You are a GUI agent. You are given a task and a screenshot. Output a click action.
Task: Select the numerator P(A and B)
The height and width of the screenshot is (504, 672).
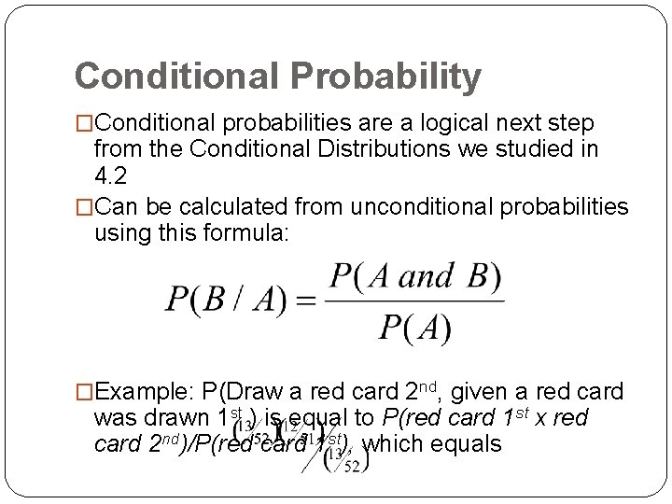pos(415,278)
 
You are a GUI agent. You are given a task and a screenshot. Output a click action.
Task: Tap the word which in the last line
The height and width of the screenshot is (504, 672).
pos(385,443)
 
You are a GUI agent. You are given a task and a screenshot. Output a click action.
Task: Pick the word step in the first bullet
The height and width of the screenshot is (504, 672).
pos(578,123)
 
